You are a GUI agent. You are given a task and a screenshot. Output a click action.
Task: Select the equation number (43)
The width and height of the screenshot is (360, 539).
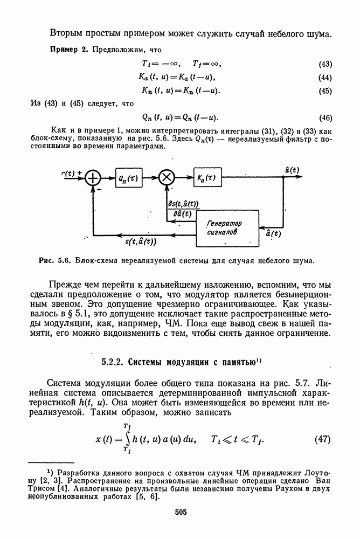coord(325,64)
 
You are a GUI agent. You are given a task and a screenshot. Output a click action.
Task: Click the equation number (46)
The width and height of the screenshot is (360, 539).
coord(325,118)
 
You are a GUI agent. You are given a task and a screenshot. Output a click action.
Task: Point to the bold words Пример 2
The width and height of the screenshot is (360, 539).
coord(68,50)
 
